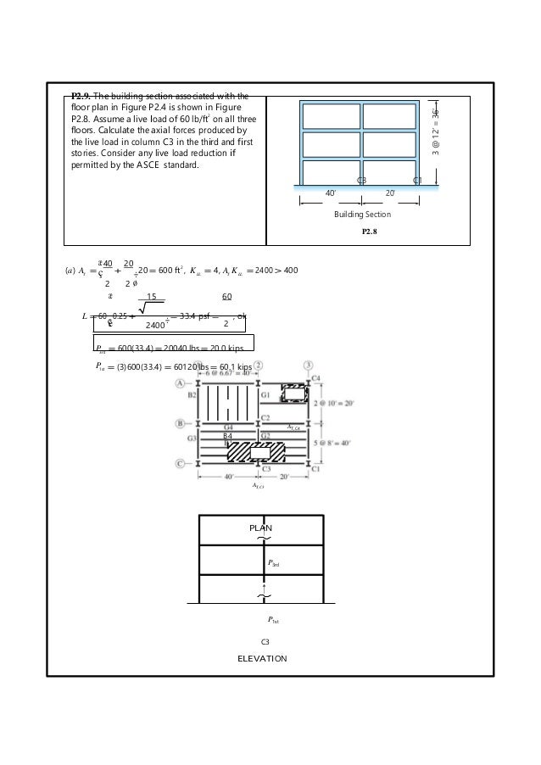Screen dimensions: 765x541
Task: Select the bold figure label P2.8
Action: tap(371, 231)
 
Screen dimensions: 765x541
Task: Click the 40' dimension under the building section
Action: tap(332, 193)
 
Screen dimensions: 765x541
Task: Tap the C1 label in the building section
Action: tap(417, 181)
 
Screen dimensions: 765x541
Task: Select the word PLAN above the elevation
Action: tap(259, 528)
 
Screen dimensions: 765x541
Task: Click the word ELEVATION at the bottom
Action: tap(262, 658)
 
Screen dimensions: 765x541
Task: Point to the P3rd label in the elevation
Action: tap(274, 562)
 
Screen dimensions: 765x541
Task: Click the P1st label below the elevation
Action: tap(274, 620)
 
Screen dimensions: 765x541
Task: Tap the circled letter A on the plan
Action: tap(180, 383)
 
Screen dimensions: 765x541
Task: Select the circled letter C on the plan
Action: tap(180, 463)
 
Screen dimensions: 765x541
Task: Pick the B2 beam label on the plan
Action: tap(192, 395)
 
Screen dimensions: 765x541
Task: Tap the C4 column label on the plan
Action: tap(316, 377)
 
